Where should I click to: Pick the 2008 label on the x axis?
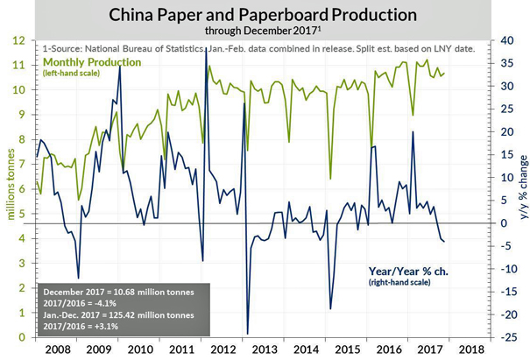(x=56, y=349)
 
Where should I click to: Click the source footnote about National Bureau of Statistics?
(x=259, y=47)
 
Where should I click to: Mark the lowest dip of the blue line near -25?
(x=247, y=334)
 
